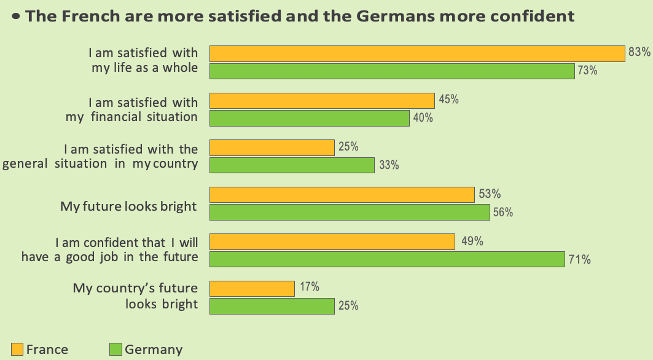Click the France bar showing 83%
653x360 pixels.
point(417,53)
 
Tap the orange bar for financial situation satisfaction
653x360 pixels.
point(322,101)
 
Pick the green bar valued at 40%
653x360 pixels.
point(310,118)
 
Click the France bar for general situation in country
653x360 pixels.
point(272,147)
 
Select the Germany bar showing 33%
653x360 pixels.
point(292,165)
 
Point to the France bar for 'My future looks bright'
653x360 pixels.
point(342,195)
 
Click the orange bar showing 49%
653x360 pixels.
point(332,242)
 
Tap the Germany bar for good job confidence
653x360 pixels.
point(387,259)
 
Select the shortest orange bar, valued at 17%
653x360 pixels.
point(252,289)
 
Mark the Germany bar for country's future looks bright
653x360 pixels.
point(272,306)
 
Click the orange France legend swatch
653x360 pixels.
point(17,349)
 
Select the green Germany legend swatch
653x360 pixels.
point(115,349)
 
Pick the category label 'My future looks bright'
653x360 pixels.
point(128,206)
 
